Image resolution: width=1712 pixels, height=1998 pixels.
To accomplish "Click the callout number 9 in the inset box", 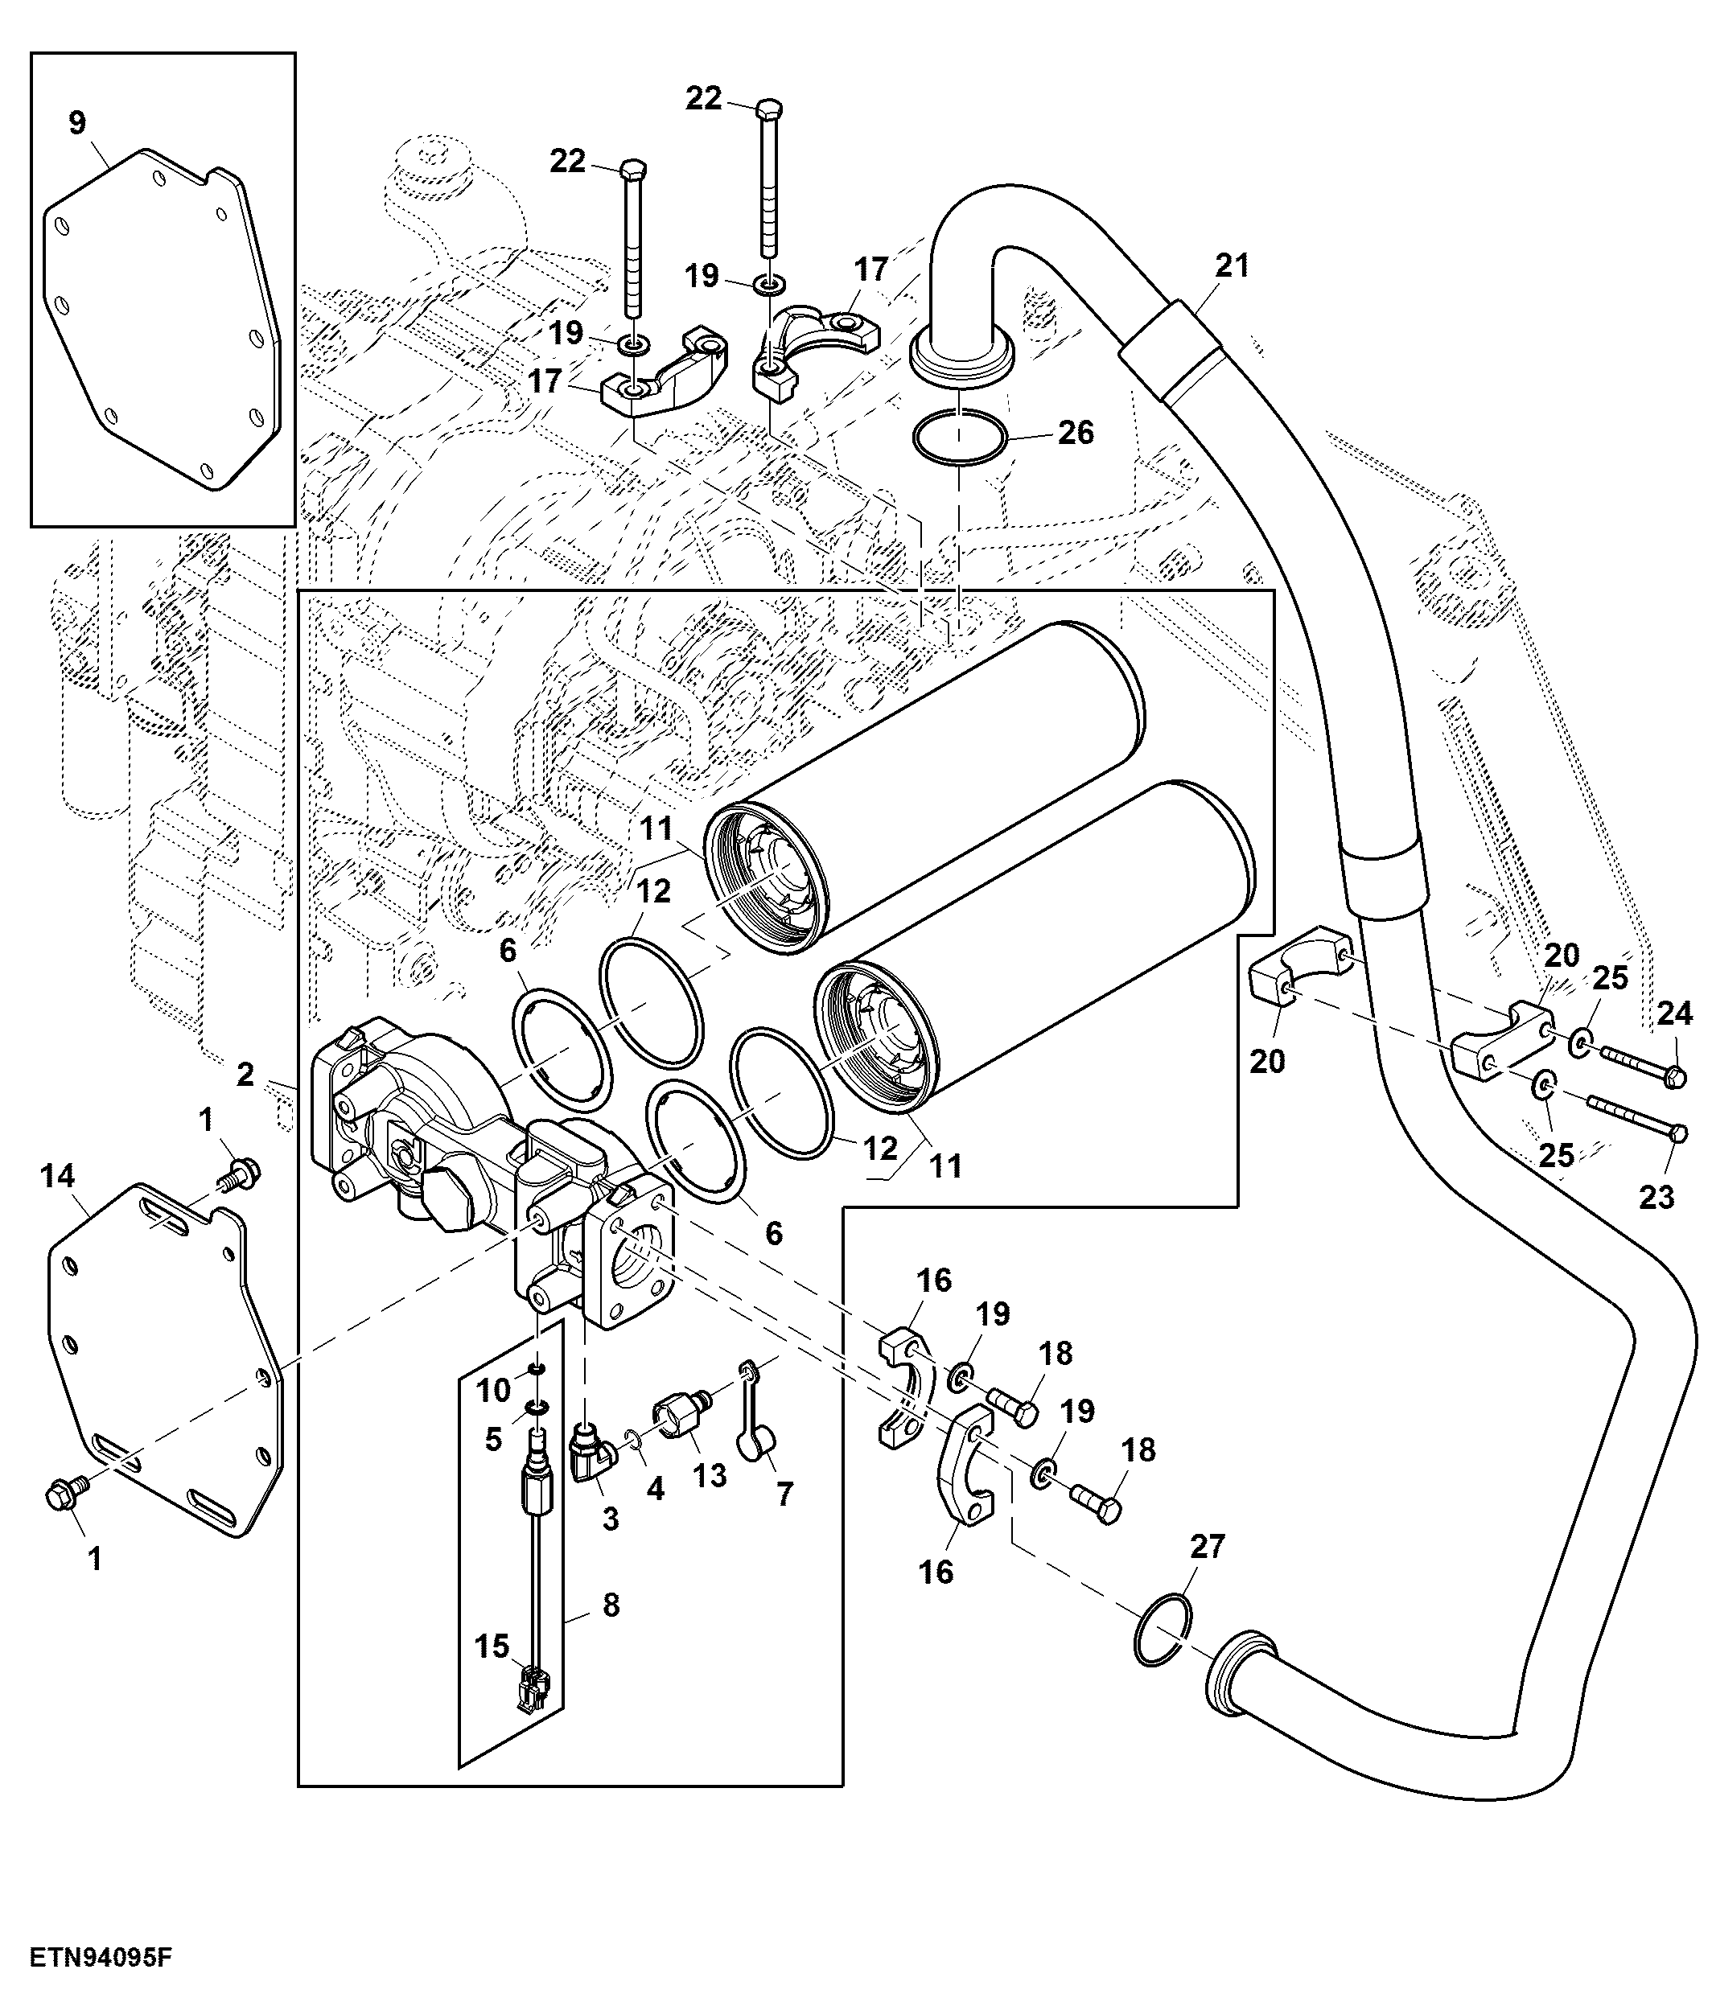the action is tap(77, 122).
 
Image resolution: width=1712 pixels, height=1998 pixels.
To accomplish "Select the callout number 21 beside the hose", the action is tap(1232, 265).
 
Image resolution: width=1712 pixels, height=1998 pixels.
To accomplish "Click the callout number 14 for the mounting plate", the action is tap(57, 1175).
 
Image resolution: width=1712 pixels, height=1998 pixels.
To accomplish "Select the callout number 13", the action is tap(710, 1474).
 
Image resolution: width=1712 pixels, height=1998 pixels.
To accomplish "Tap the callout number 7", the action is tap(785, 1494).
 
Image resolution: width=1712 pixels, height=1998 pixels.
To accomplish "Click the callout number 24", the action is tap(1674, 1013).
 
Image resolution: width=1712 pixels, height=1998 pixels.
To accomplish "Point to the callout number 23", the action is tap(1657, 1198).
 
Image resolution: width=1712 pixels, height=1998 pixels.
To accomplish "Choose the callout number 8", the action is tap(611, 1605).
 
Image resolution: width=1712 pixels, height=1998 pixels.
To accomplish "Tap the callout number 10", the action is tap(494, 1390).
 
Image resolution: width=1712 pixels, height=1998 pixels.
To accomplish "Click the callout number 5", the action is tap(494, 1440).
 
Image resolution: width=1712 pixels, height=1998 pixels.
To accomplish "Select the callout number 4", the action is tap(656, 1489).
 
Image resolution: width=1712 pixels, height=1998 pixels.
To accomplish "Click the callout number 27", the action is tap(1207, 1547).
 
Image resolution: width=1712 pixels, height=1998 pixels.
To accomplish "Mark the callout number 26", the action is tap(1076, 433).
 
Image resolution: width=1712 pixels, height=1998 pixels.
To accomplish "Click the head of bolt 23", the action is tap(1677, 1134).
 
